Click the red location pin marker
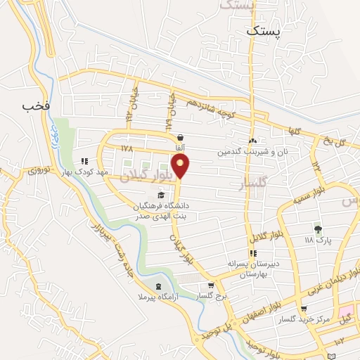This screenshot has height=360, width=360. click(181, 166)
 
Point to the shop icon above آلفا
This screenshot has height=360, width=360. click(181, 138)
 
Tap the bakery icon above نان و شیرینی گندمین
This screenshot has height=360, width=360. click(252, 141)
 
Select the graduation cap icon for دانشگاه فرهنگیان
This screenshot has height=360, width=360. click(161, 195)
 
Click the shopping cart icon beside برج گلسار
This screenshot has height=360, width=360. click(212, 285)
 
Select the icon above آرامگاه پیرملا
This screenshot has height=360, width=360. click(157, 286)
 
